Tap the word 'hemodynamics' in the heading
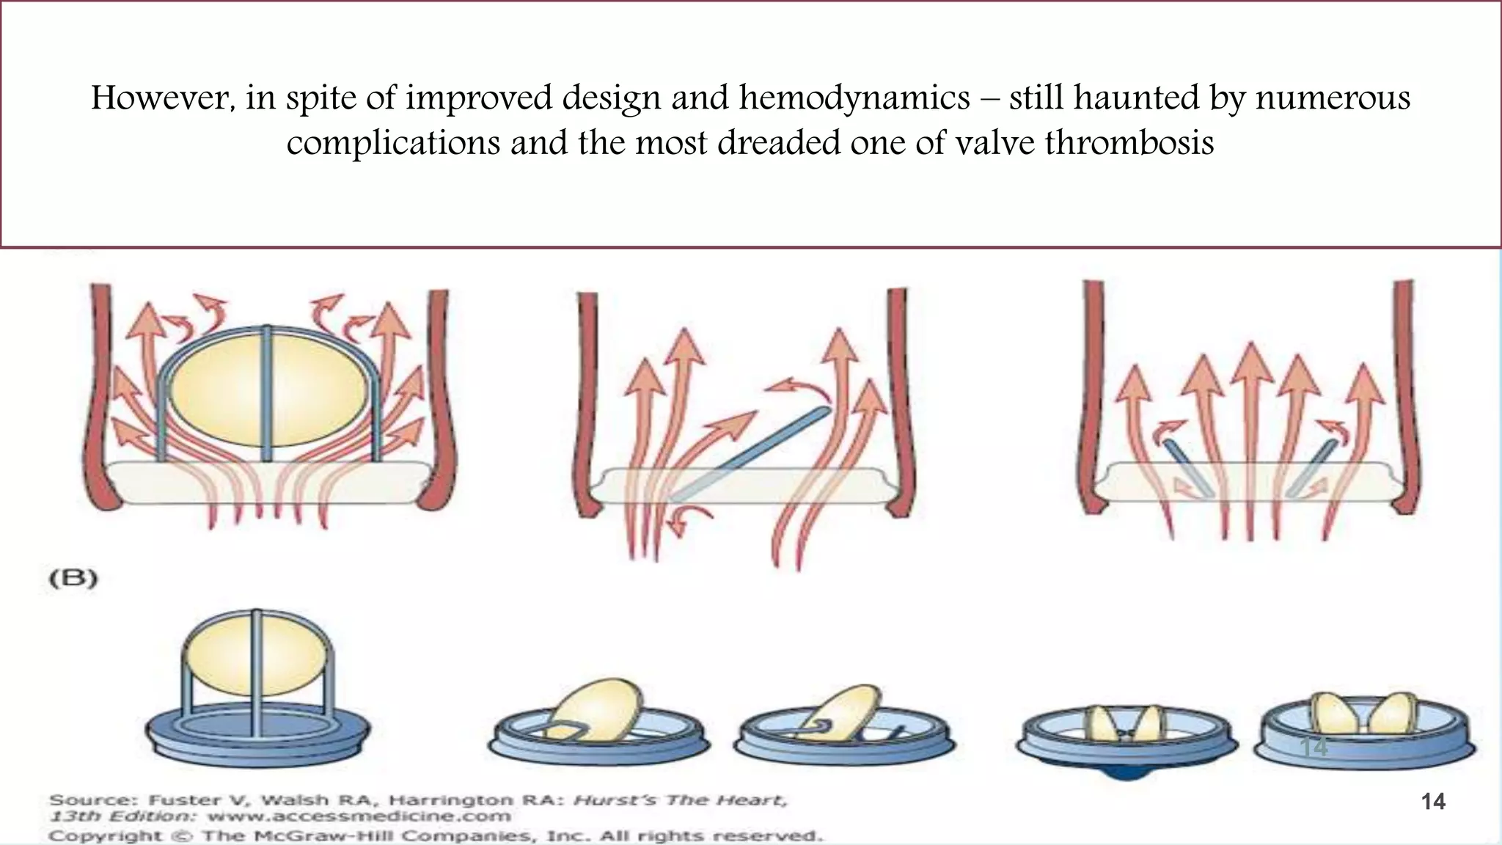coord(854,98)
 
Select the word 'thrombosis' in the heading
coord(1129,142)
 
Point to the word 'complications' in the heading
coord(393,142)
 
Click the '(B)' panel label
coord(73,578)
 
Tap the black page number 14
coord(1433,802)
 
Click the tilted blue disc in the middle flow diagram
coord(752,455)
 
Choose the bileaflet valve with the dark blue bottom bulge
coord(1126,741)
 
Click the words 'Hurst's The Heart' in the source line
coord(680,800)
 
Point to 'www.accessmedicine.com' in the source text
coord(359,816)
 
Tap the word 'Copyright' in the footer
coord(106,835)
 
